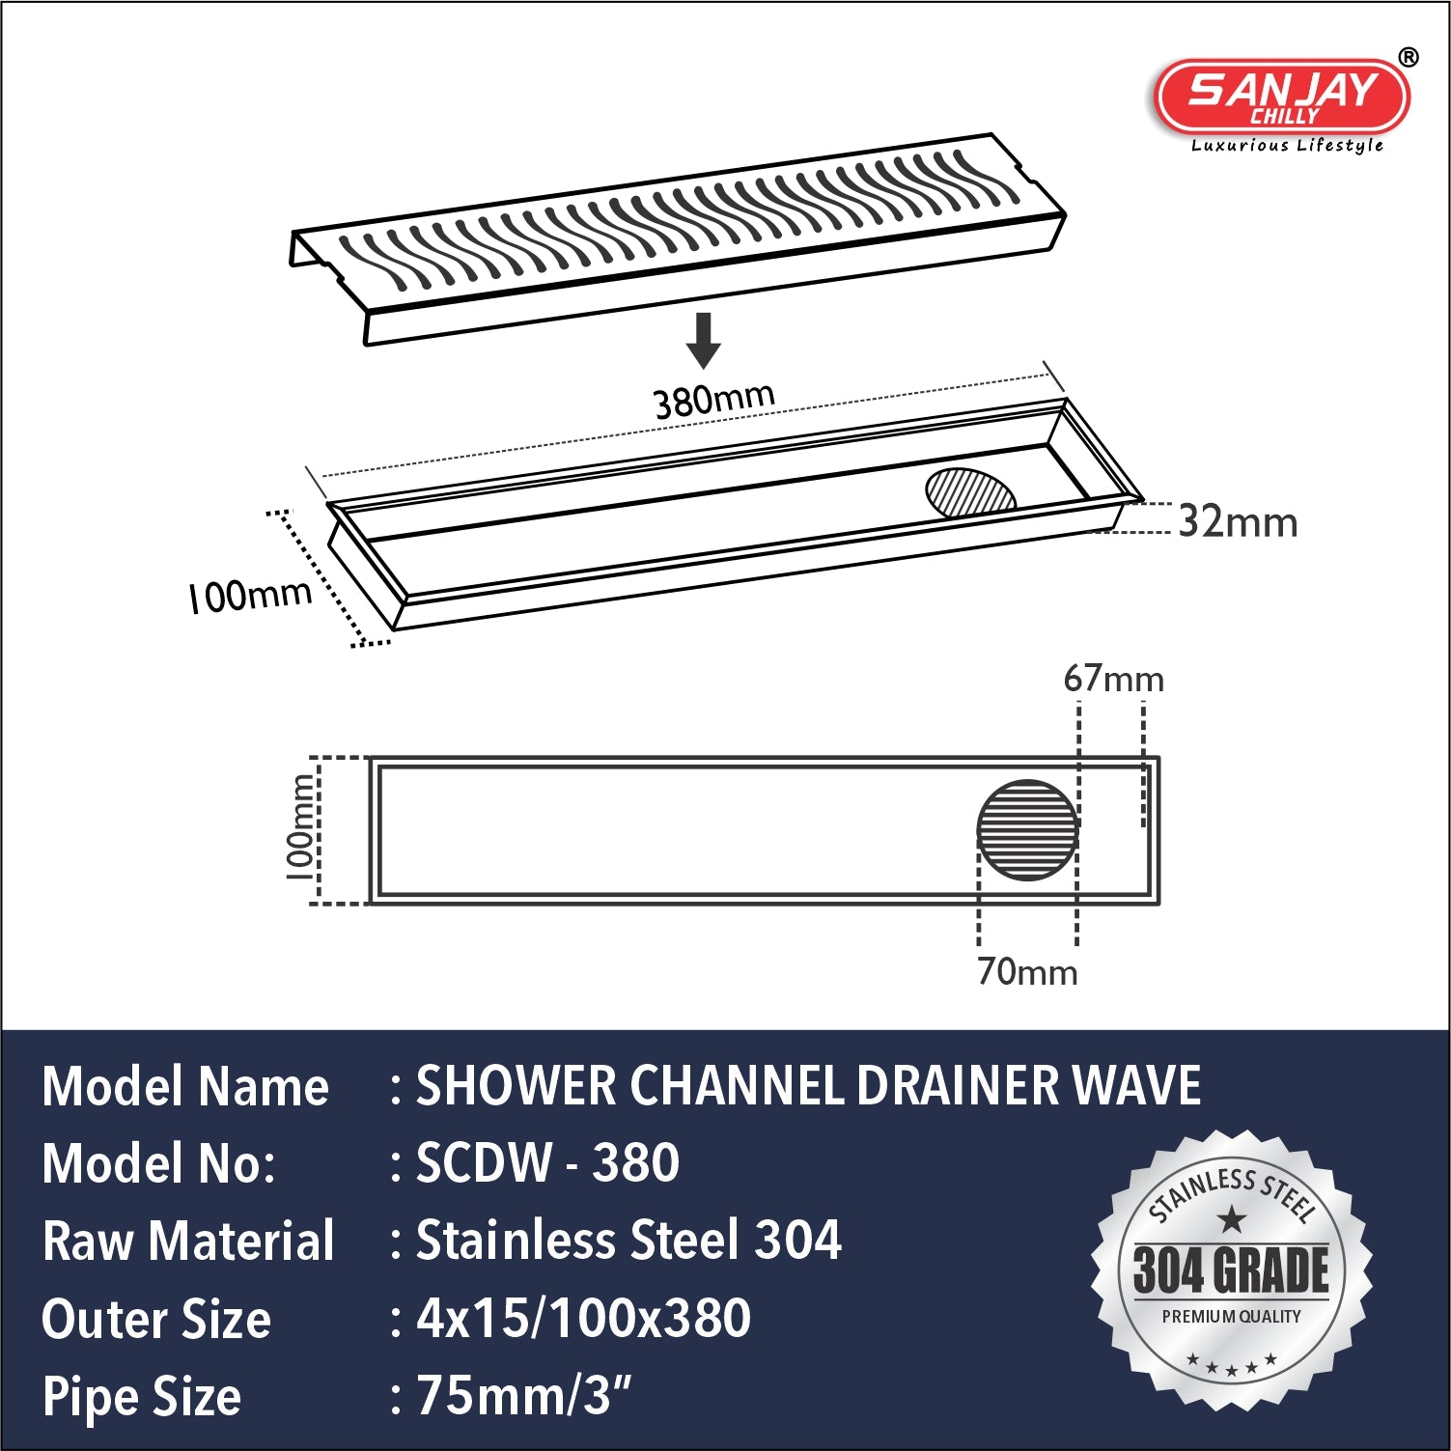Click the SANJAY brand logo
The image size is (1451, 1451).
pos(1282,97)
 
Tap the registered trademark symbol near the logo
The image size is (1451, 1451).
pos(1409,58)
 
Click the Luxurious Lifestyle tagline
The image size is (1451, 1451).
pos(1287,146)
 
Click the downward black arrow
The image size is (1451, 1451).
pos(704,340)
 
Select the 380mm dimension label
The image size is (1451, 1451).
pos(713,399)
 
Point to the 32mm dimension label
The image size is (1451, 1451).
pos(1238,522)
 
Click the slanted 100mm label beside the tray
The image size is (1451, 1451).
pos(250,595)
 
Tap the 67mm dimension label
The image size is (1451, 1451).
pos(1113,680)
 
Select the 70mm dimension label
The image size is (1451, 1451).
pos(1027,971)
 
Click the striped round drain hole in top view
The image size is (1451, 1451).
pos(1027,830)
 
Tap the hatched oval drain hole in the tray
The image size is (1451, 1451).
pos(969,492)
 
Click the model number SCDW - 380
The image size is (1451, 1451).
pos(547,1162)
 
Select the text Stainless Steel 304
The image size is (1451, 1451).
pos(628,1241)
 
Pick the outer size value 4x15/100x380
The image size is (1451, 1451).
pos(583,1319)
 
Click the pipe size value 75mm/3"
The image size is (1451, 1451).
pos(523,1396)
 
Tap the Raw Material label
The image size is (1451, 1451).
pos(188,1242)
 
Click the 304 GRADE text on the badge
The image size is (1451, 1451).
pos(1231,1270)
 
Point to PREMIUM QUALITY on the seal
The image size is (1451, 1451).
pos(1231,1317)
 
